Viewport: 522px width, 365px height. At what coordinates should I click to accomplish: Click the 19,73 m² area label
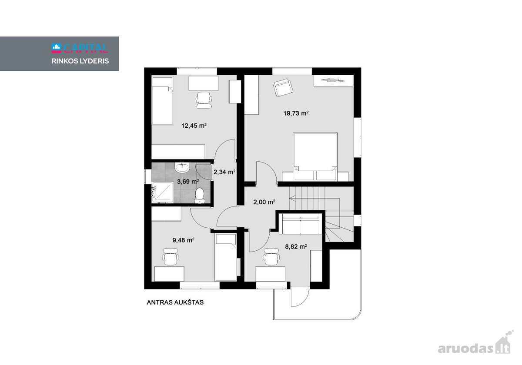[x=296, y=113]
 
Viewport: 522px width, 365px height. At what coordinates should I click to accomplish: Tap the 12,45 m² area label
[x=194, y=126]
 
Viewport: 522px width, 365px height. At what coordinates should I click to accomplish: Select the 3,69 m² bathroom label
[x=188, y=181]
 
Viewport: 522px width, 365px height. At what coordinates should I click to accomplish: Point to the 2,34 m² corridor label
[x=224, y=172]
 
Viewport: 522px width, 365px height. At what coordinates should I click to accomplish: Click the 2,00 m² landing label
[x=264, y=202]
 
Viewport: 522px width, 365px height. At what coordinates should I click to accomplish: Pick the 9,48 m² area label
[x=184, y=240]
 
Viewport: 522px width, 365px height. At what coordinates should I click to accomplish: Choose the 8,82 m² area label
[x=296, y=246]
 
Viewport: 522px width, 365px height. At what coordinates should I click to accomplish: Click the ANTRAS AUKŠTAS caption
[x=175, y=302]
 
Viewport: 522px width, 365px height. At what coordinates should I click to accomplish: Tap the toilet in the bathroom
[x=200, y=196]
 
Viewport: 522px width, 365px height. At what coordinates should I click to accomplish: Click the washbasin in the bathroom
[x=182, y=167]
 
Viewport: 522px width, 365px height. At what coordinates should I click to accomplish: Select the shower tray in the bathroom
[x=163, y=192]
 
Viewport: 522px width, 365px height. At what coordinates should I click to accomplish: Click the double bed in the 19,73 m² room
[x=315, y=156]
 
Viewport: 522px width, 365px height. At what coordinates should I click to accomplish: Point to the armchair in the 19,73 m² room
[x=283, y=87]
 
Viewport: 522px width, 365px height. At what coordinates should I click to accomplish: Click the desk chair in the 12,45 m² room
[x=204, y=100]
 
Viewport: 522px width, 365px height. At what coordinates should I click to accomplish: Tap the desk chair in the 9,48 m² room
[x=171, y=256]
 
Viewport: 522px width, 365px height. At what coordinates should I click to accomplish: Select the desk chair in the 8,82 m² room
[x=271, y=256]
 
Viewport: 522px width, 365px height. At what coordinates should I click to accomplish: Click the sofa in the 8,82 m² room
[x=301, y=224]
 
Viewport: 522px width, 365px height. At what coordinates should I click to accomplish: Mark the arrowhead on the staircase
[x=292, y=199]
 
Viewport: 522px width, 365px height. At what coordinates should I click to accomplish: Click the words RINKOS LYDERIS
[x=80, y=61]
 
